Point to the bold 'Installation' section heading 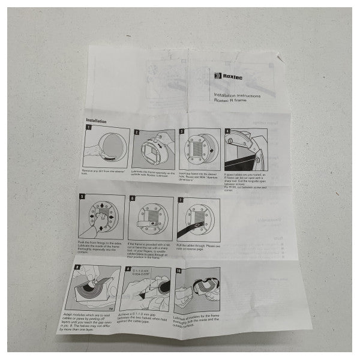click(x=96, y=121)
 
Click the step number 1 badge click(x=88, y=128)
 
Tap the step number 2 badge click(x=137, y=131)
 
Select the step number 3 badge click(x=182, y=131)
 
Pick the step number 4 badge click(x=227, y=132)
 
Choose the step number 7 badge click(x=182, y=198)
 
